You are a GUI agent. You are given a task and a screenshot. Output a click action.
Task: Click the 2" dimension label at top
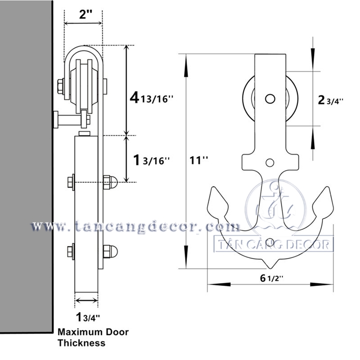pos(83,14)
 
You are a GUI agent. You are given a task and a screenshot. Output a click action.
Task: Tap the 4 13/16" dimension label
pos(150,98)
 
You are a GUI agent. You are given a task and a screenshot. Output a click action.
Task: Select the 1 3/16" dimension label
pos(149,160)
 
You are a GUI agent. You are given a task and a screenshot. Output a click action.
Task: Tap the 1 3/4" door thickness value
pos(88,316)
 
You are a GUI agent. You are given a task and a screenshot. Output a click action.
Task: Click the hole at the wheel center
pos(270,98)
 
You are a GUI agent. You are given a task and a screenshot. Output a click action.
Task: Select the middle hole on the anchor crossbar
pos(270,162)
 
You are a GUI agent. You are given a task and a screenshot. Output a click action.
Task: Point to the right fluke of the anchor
pos(324,202)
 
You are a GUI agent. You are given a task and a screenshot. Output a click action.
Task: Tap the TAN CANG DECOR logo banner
pos(273,245)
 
